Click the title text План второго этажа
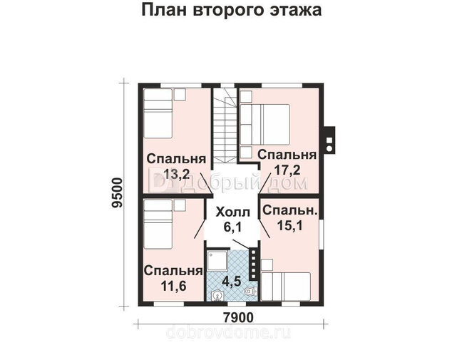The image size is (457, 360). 232,10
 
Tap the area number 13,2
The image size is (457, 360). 177,175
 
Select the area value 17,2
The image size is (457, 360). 287,170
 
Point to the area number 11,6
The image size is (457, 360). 173,286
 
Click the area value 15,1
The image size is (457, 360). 289,225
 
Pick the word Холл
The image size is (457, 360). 233,212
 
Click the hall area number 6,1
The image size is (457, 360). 233,227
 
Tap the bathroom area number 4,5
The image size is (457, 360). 232,282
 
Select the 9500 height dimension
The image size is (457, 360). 118,192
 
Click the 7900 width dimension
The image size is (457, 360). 238,317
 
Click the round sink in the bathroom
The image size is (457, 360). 216,295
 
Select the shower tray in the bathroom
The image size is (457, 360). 217,259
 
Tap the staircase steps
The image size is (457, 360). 224,126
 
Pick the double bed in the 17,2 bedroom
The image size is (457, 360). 265,125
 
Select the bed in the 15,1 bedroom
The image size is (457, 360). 286,287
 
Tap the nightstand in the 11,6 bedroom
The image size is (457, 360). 180,206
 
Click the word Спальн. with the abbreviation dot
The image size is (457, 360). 289,210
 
